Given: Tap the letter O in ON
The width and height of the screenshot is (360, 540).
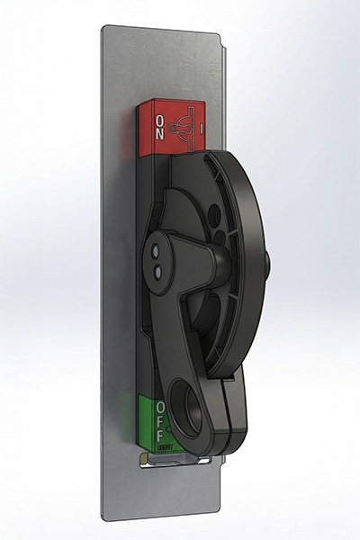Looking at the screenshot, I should [159, 119].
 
